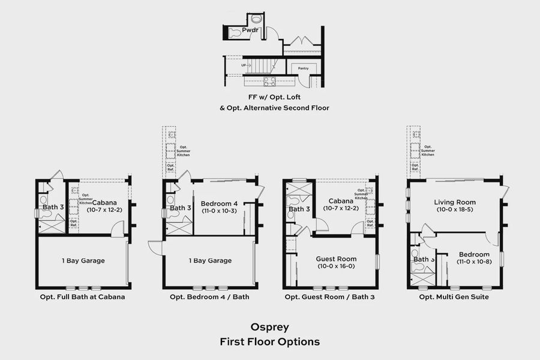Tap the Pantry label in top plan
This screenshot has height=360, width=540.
(x=304, y=68)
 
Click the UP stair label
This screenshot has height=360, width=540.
(x=244, y=64)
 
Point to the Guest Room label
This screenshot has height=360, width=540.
(x=336, y=259)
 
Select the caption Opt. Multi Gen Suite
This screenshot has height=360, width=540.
(x=455, y=297)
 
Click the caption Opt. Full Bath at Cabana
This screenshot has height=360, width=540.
(x=83, y=297)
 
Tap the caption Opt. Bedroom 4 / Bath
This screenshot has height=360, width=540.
(x=209, y=297)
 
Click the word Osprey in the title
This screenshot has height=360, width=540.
(x=269, y=328)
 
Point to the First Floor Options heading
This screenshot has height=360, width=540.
(x=269, y=341)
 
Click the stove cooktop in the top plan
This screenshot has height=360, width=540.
(x=270, y=81)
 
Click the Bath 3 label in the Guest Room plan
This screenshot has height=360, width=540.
(x=299, y=209)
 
